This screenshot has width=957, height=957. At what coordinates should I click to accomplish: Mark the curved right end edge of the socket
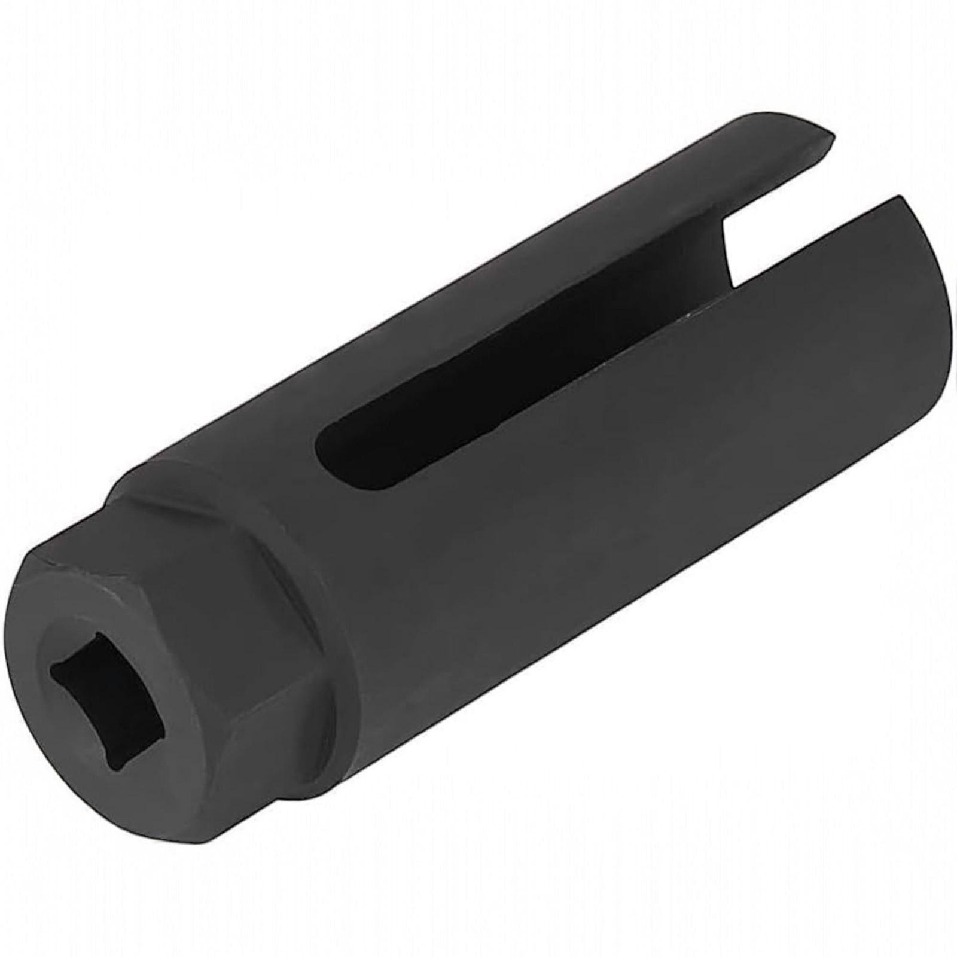(x=939, y=359)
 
